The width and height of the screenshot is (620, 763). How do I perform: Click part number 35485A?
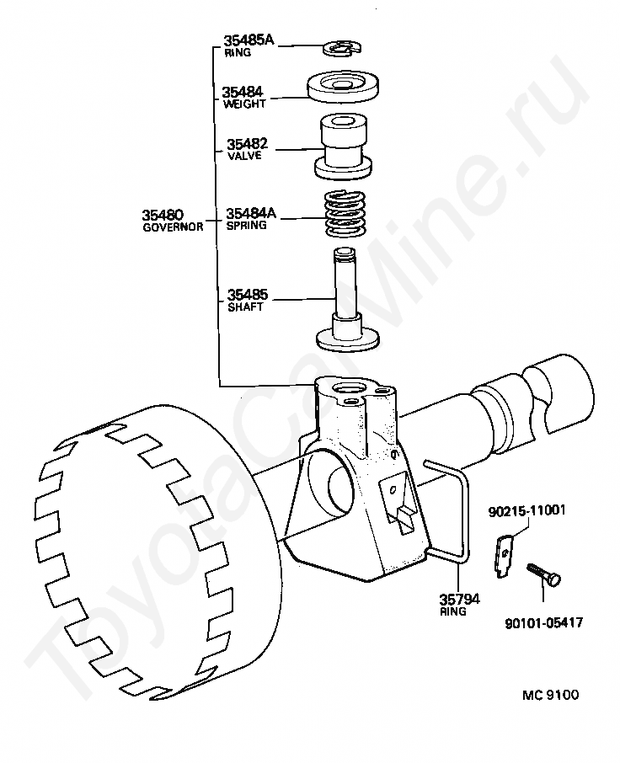pos(249,40)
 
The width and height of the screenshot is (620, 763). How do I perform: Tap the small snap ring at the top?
pos(343,48)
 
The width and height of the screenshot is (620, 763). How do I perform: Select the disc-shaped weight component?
pos(344,87)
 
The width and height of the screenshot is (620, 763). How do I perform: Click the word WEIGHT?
pos(244,104)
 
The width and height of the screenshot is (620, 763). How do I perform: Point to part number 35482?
pos(247,143)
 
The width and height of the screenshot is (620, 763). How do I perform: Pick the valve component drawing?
pos(343,146)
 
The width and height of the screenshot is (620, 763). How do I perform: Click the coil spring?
pos(345,214)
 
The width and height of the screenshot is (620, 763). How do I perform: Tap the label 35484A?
pos(251,213)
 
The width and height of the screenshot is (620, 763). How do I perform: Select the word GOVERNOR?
pos(173,227)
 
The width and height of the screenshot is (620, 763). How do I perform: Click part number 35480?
pos(163,215)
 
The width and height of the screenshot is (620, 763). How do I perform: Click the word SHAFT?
pos(245,307)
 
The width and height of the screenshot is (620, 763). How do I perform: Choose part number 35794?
pos(459,599)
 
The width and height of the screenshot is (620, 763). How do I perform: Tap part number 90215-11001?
pos(526,510)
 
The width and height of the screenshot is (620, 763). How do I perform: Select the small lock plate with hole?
pos(505,556)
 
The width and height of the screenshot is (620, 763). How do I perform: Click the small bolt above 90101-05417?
pos(543,574)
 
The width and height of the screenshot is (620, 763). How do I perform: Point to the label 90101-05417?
pos(543,623)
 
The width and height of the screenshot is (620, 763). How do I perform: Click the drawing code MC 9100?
pos(551,695)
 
